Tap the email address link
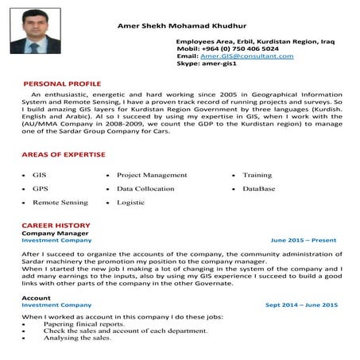[247, 56]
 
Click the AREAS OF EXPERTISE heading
[63, 153]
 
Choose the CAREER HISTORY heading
[56, 226]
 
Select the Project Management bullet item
[152, 175]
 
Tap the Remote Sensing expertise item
[60, 203]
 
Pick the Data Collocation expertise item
[145, 189]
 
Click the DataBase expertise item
[258, 189]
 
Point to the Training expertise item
[257, 175]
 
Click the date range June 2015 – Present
[303, 240]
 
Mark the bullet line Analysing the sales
[77, 338]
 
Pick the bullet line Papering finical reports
[83, 324]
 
